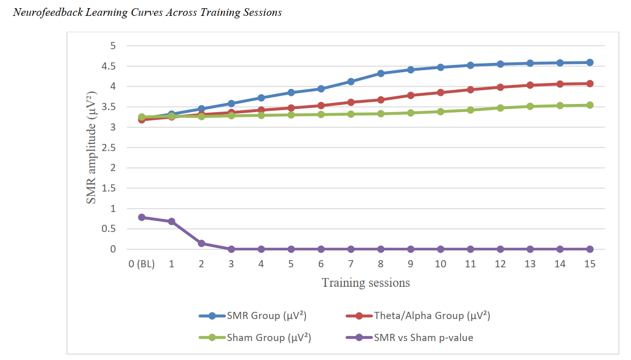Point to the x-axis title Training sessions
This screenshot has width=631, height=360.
tap(365, 282)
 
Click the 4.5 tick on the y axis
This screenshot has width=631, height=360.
tap(110, 66)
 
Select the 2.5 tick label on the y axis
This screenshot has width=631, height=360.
tap(110, 147)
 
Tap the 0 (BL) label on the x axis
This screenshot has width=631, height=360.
tap(141, 264)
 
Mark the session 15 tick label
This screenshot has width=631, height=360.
tap(590, 264)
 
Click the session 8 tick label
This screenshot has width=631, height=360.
tap(381, 264)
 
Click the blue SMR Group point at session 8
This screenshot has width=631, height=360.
tap(381, 73)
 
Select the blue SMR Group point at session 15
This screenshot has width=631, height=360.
tap(590, 62)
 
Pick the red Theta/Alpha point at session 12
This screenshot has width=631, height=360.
tap(500, 87)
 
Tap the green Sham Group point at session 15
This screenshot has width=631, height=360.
tap(590, 105)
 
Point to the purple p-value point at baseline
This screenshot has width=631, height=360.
tap(141, 217)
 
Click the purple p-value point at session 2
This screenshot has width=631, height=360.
tap(201, 243)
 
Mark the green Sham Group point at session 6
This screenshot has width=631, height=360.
tap(321, 114)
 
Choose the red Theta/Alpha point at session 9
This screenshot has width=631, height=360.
tap(410, 95)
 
